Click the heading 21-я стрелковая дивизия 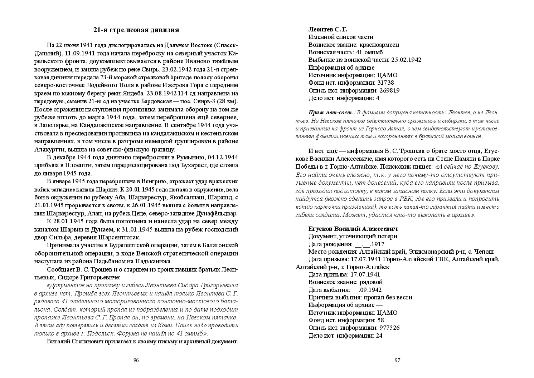pos(136,30)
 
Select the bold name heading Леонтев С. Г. pos(328,29)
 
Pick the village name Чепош pos(484,252)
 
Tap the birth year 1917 pos(377,244)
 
